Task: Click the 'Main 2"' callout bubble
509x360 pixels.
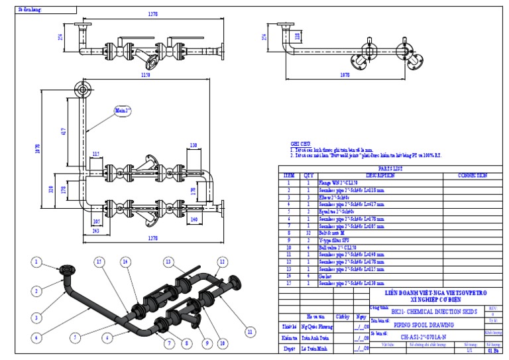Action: click(x=122, y=109)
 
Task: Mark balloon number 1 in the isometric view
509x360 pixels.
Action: click(x=36, y=263)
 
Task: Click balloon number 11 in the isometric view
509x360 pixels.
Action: click(x=250, y=329)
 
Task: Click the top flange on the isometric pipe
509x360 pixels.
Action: click(x=68, y=270)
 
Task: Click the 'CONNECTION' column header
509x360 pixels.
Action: click(x=472, y=176)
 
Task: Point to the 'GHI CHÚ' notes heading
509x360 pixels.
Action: click(x=300, y=143)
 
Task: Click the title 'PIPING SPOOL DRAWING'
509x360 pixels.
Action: click(x=424, y=326)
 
